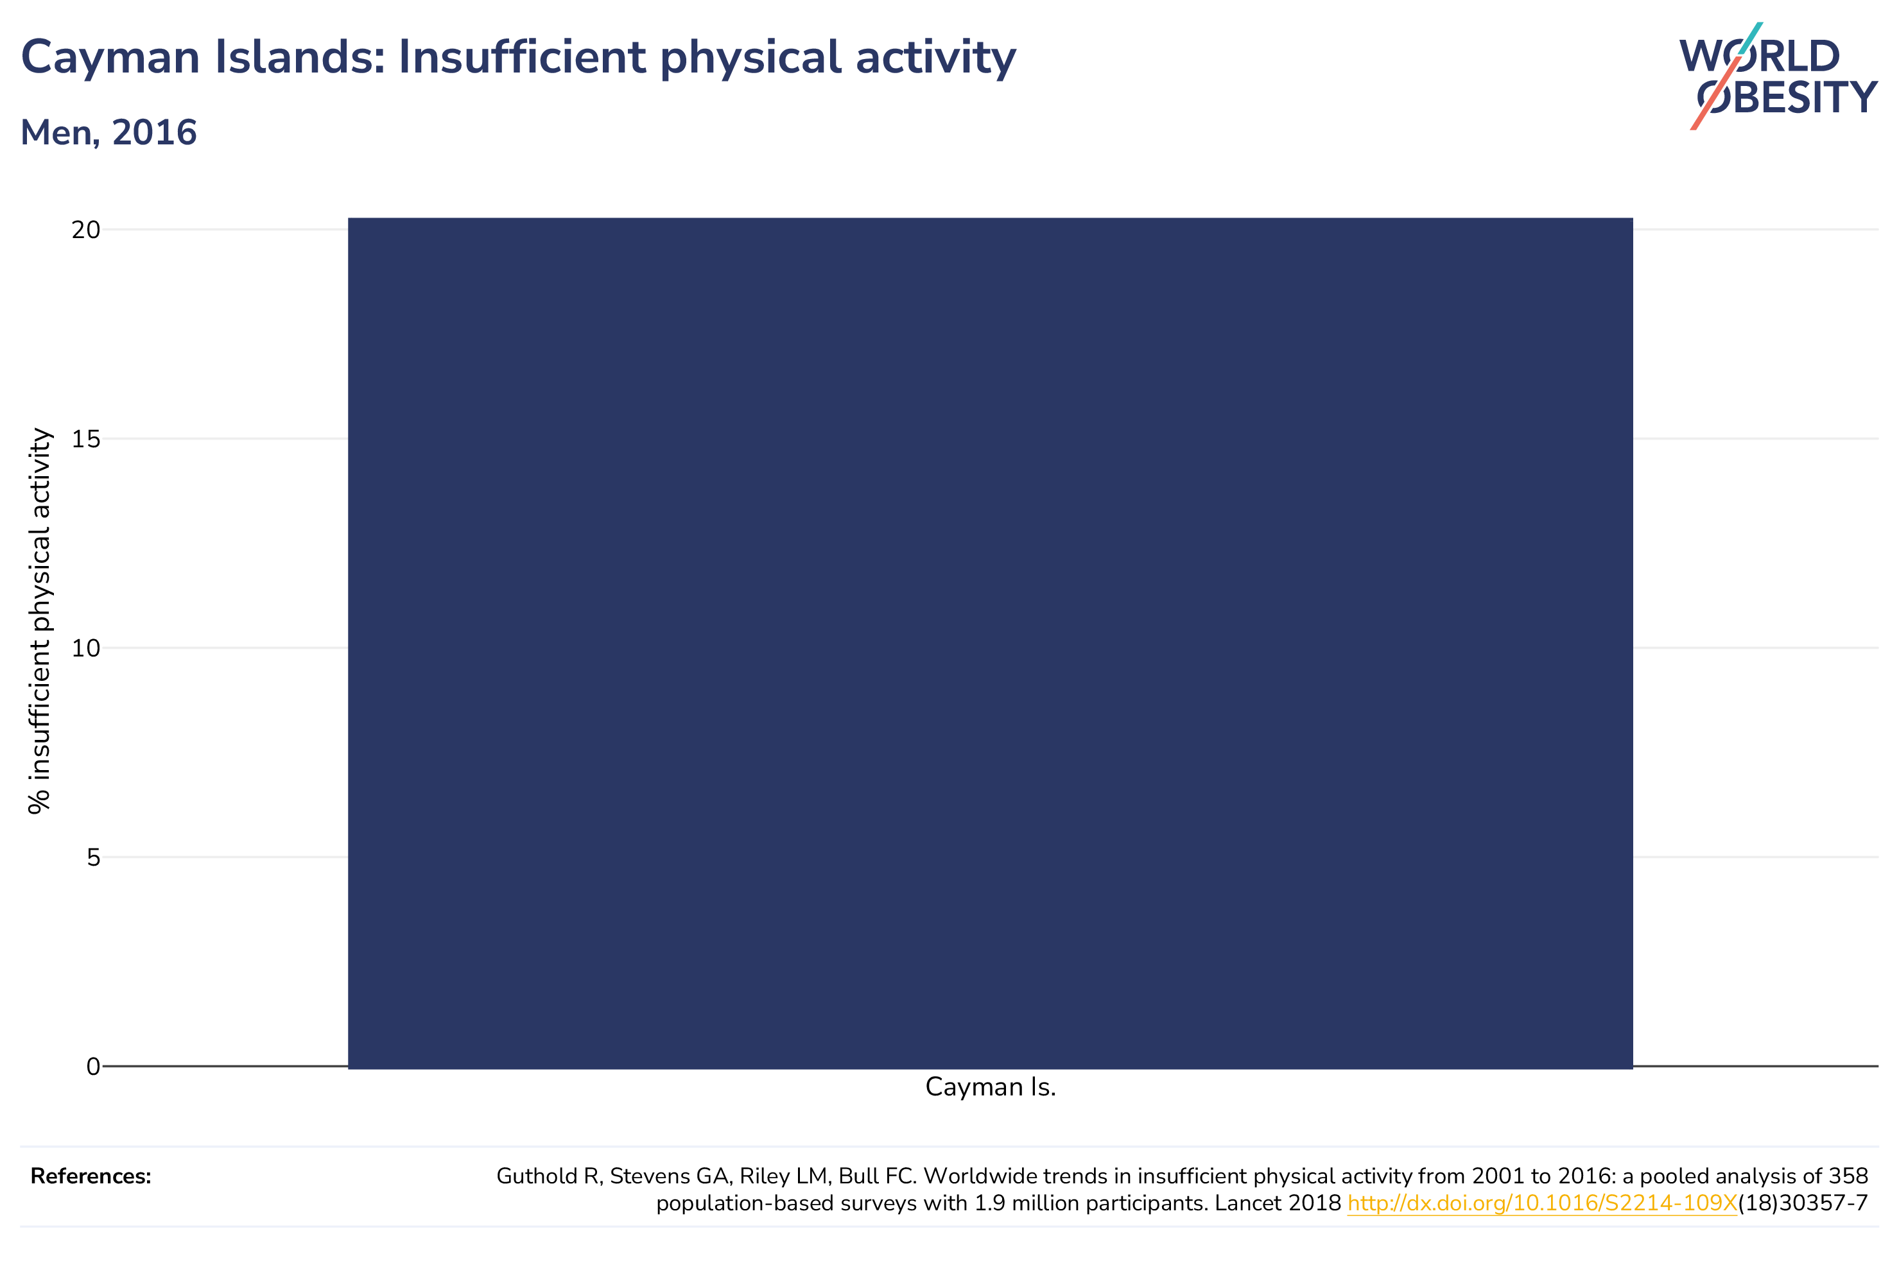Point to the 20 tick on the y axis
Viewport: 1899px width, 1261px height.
pyautogui.click(x=86, y=230)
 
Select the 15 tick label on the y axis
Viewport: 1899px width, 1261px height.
pyautogui.click(x=86, y=439)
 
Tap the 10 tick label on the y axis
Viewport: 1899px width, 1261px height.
pyautogui.click(x=86, y=648)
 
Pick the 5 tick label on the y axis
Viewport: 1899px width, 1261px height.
pyautogui.click(x=93, y=857)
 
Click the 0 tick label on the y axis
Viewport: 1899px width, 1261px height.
pyautogui.click(x=93, y=1067)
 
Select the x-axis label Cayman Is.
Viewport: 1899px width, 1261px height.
pyautogui.click(x=990, y=1087)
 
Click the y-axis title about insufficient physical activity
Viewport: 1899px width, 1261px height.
pyautogui.click(x=39, y=621)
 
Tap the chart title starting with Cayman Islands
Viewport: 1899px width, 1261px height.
pyautogui.click(x=519, y=58)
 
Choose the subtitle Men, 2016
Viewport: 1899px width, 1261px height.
pyautogui.click(x=108, y=133)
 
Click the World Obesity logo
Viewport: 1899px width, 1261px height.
pyautogui.click(x=1778, y=76)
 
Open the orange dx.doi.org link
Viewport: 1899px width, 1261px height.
pyautogui.click(x=1542, y=1203)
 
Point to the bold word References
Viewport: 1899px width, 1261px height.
pyautogui.click(x=91, y=1176)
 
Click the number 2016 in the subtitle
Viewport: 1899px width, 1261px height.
pyautogui.click(x=155, y=133)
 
